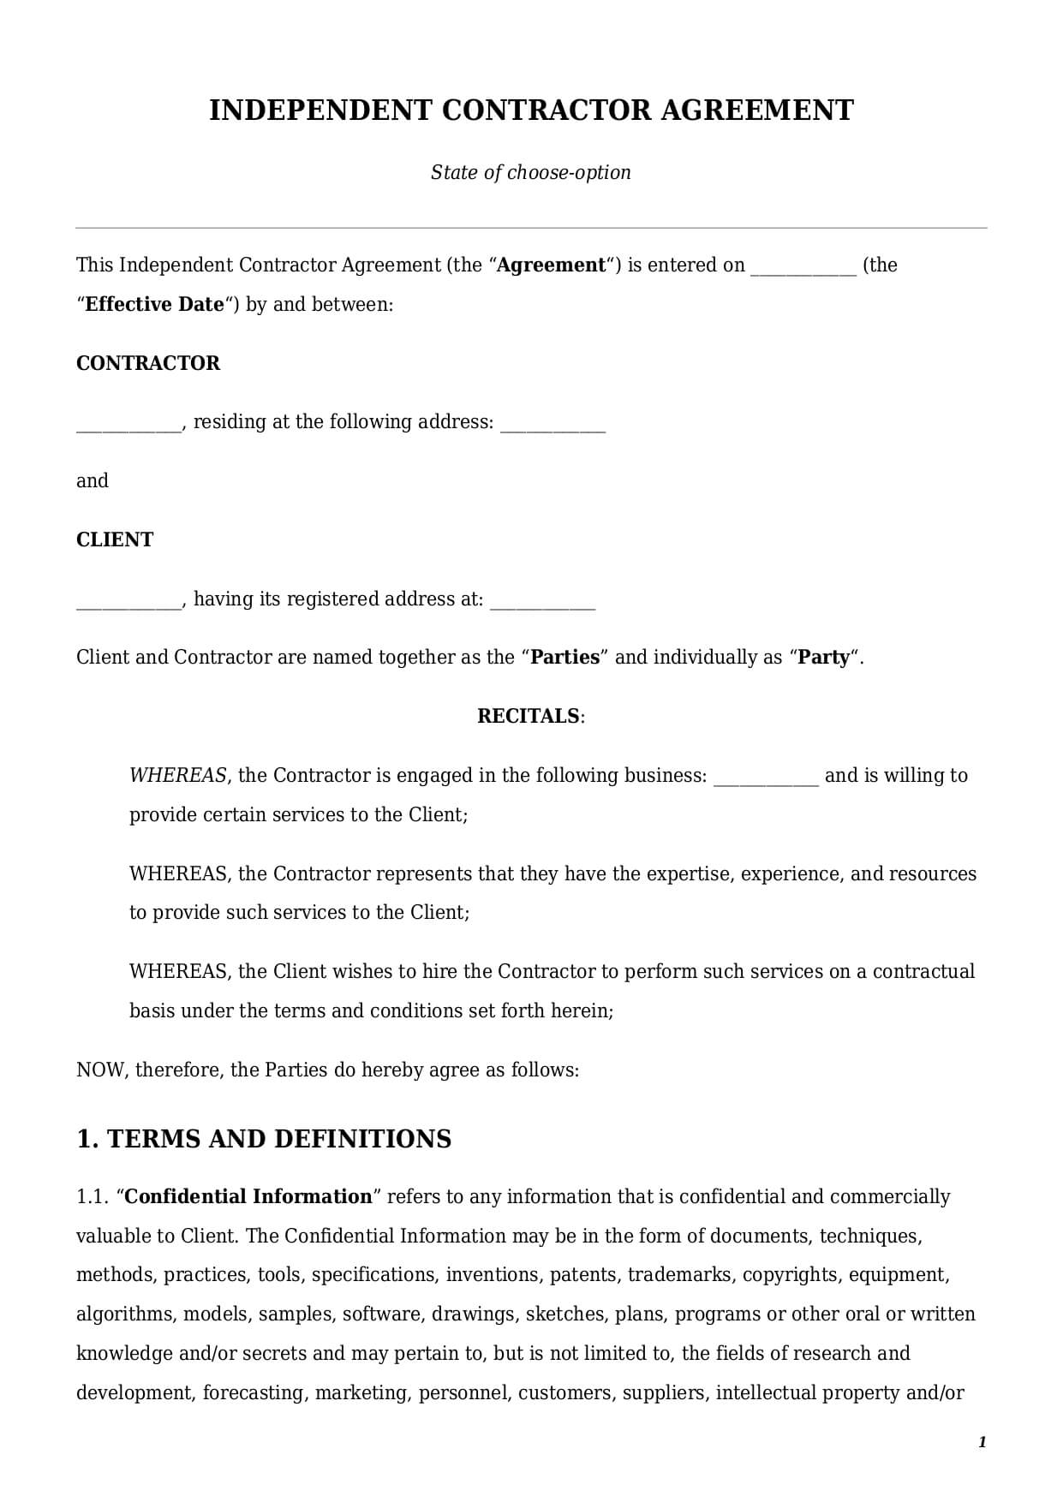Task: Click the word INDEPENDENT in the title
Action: (x=321, y=110)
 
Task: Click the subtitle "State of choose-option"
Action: (x=530, y=172)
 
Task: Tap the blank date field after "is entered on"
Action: (x=803, y=267)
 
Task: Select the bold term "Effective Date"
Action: (x=154, y=305)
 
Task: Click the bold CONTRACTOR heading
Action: (x=148, y=363)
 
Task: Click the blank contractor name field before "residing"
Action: (x=128, y=424)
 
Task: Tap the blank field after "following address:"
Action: (x=552, y=424)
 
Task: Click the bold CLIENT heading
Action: (x=115, y=539)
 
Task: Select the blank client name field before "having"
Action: (x=128, y=601)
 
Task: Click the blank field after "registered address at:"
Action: (x=542, y=601)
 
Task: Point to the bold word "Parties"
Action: (x=565, y=658)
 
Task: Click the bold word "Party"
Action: (x=824, y=658)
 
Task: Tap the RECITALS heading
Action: (x=529, y=716)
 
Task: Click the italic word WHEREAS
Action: (x=177, y=776)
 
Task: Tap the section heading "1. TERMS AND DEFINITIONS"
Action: (x=264, y=1139)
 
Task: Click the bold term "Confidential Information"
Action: (x=248, y=1197)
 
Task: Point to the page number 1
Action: (x=982, y=1442)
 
